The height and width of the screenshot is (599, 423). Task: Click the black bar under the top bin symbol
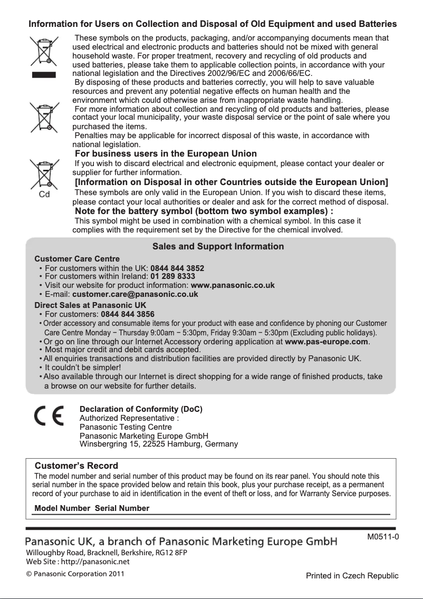[x=44, y=74]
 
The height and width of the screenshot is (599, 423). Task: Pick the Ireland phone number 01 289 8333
[x=172, y=276]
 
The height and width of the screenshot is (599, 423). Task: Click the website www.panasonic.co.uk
[x=232, y=285]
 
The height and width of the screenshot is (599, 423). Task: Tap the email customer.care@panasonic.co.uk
[x=135, y=294]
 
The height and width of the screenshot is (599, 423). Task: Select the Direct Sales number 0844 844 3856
[x=128, y=314]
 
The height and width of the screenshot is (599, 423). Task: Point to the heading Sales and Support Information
[x=218, y=247]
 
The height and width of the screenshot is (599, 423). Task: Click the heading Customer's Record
[x=76, y=466]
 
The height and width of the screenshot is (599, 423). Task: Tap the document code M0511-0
[x=383, y=537]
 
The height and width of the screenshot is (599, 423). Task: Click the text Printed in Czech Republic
[x=352, y=575]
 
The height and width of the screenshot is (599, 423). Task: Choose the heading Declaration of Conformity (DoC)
[x=141, y=409]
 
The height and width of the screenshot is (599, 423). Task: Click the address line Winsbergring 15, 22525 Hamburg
[x=158, y=444]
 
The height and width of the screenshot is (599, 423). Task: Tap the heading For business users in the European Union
[x=166, y=154]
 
